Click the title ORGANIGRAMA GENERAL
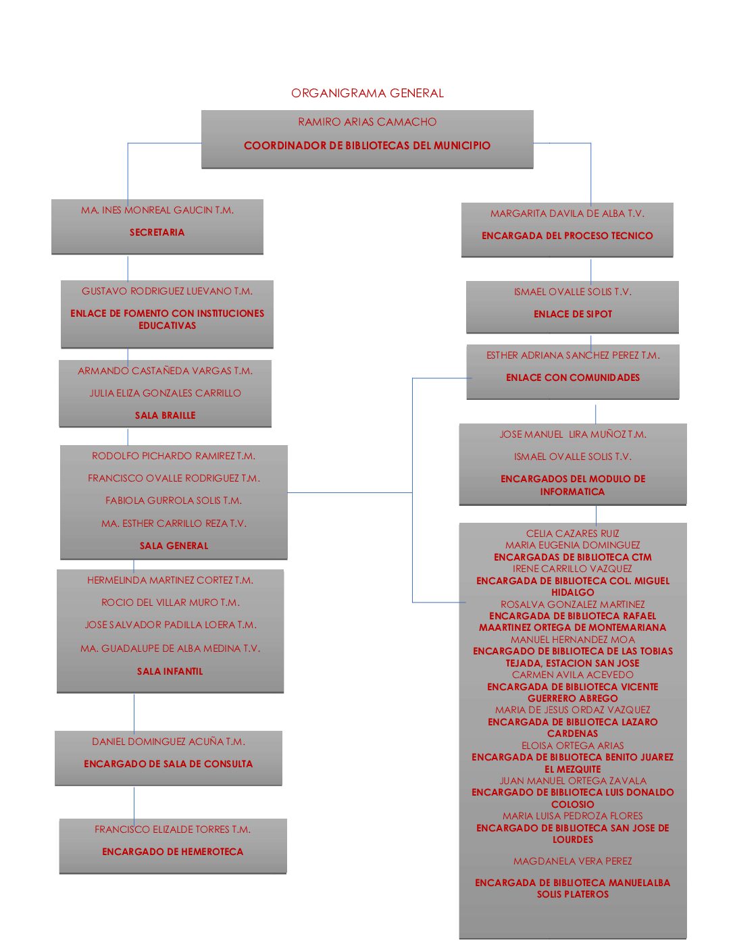[367, 93]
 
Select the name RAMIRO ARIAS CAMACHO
[367, 122]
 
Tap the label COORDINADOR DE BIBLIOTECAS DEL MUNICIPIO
[367, 145]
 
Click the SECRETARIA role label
[157, 232]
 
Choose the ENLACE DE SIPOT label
[572, 314]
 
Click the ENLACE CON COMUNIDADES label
[572, 378]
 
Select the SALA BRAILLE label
[165, 415]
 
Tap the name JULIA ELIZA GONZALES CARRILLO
[165, 393]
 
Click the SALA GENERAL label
[174, 546]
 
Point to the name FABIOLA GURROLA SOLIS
[173, 500]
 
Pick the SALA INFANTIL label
[170, 671]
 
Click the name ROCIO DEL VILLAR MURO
[170, 602]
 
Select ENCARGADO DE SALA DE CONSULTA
[168, 764]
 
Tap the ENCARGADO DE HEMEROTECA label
[172, 852]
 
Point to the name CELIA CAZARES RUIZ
[572, 534]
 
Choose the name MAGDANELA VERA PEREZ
[572, 861]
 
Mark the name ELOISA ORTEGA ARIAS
[572, 746]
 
